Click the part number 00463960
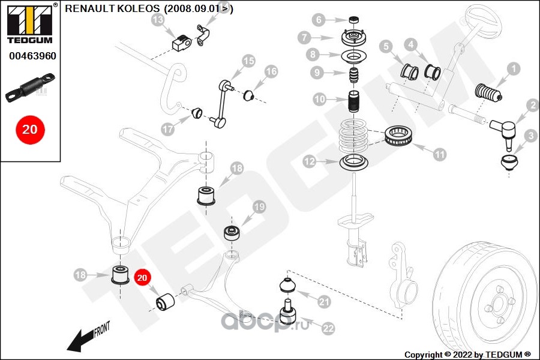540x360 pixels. coord(32,56)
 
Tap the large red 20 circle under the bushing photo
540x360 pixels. coord(30,130)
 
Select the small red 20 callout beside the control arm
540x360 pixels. coord(142,278)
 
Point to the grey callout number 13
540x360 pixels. coord(158,20)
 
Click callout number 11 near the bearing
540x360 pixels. coord(439,154)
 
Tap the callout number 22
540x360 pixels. coord(328,328)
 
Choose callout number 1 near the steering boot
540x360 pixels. coord(514,69)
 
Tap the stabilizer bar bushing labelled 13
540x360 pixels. coord(181,43)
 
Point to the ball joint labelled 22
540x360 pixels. coord(287,311)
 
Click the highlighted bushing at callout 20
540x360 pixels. coord(166,301)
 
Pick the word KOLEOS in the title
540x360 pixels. coord(139,8)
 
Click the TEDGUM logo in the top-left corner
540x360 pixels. coord(30,23)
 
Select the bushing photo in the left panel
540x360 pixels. coord(31,88)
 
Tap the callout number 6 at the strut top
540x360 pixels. coord(319,20)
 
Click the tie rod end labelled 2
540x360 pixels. coord(503,133)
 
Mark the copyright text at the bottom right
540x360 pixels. coord(467,355)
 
